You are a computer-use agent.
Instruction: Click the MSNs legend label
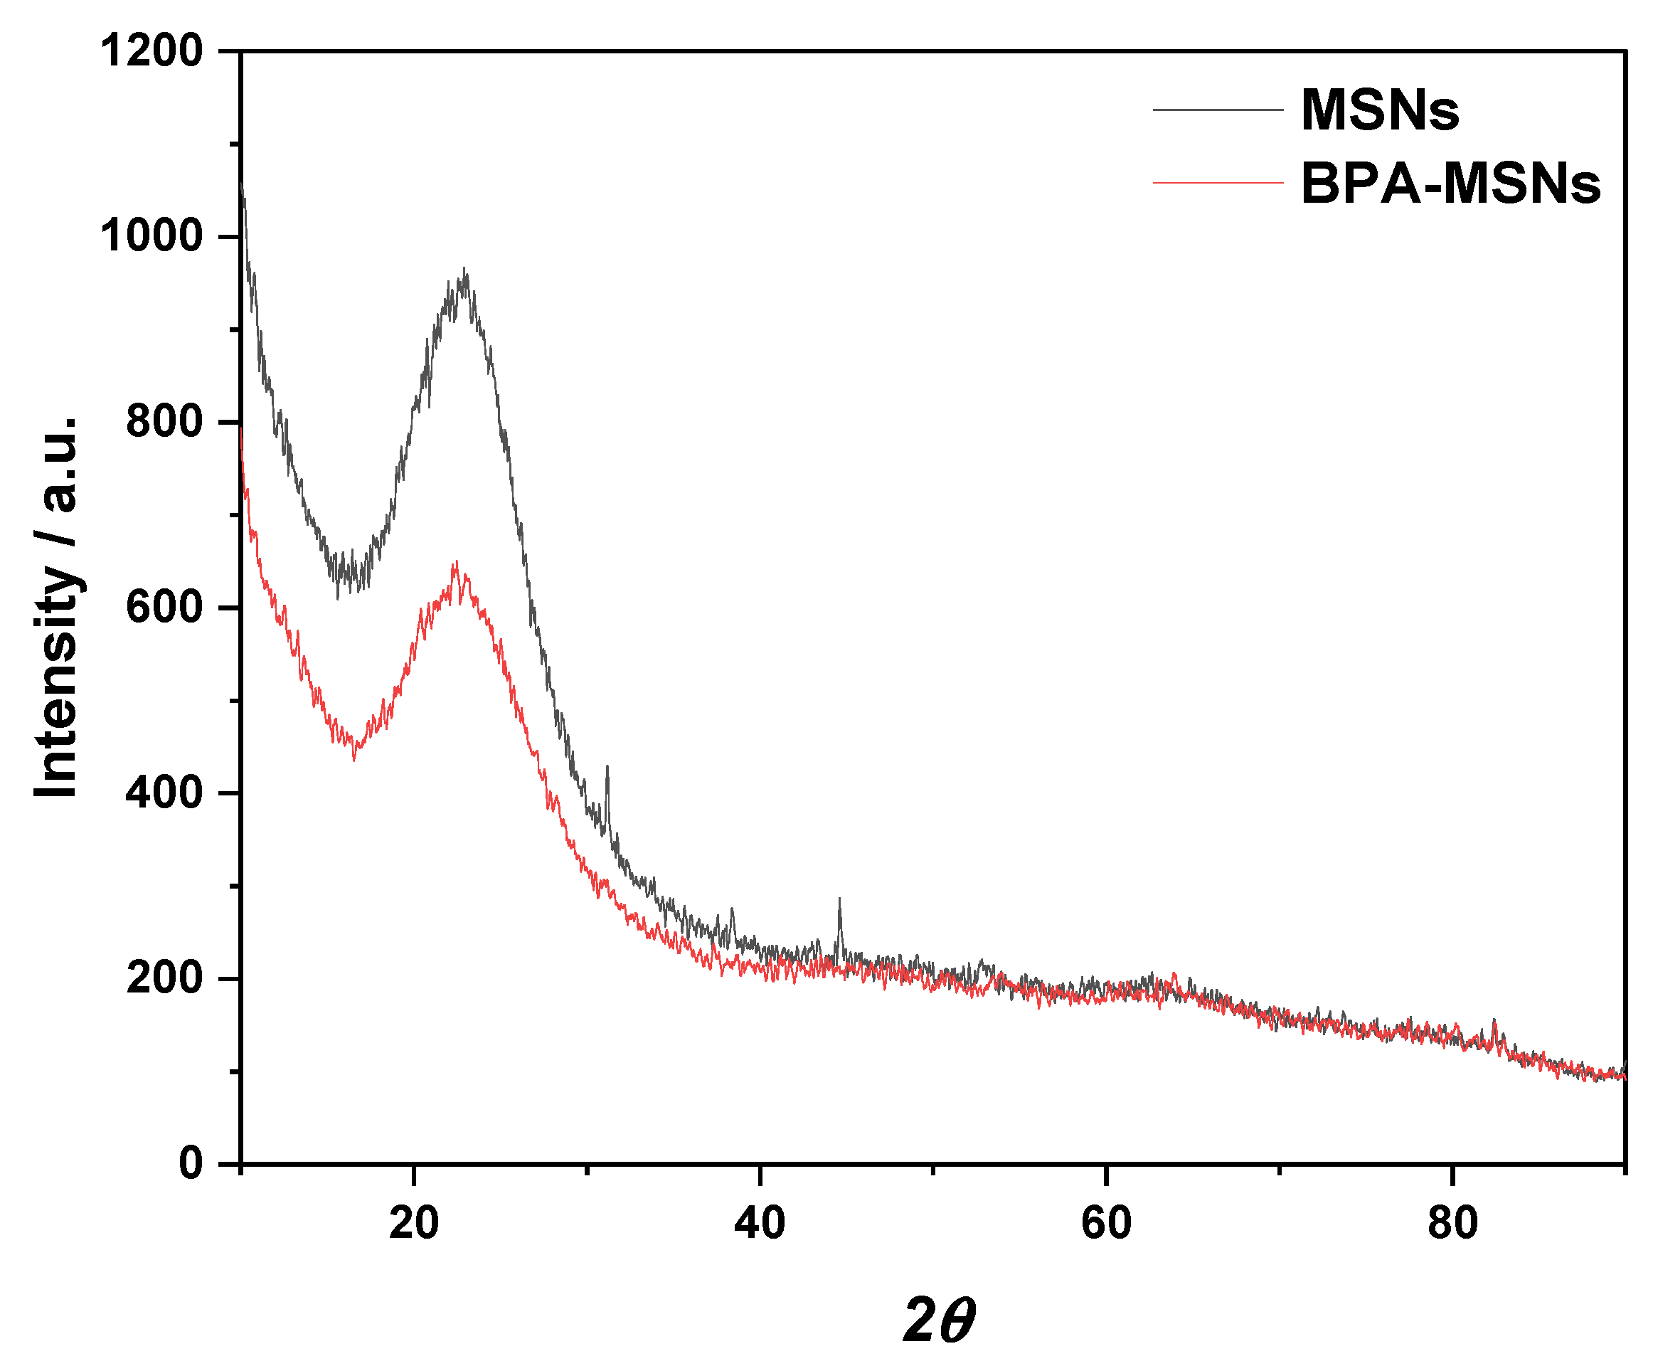point(1378,110)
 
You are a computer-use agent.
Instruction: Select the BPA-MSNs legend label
point(1450,184)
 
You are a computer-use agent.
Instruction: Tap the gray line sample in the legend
point(1217,110)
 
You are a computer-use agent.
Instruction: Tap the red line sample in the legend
point(1217,183)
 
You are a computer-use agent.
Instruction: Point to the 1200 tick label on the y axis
point(151,51)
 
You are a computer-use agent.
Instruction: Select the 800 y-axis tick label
point(164,422)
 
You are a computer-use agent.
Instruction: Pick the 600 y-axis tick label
point(164,608)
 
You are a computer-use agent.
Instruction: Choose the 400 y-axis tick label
point(164,793)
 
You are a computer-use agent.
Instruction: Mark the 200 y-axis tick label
point(164,978)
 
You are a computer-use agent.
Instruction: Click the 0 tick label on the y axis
point(191,1163)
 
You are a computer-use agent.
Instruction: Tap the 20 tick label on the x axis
point(414,1224)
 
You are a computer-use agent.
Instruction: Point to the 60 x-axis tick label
point(1105,1224)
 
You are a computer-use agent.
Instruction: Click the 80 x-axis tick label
point(1452,1224)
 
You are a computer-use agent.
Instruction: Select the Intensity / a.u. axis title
point(57,606)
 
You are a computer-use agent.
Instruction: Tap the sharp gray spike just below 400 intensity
point(607,766)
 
